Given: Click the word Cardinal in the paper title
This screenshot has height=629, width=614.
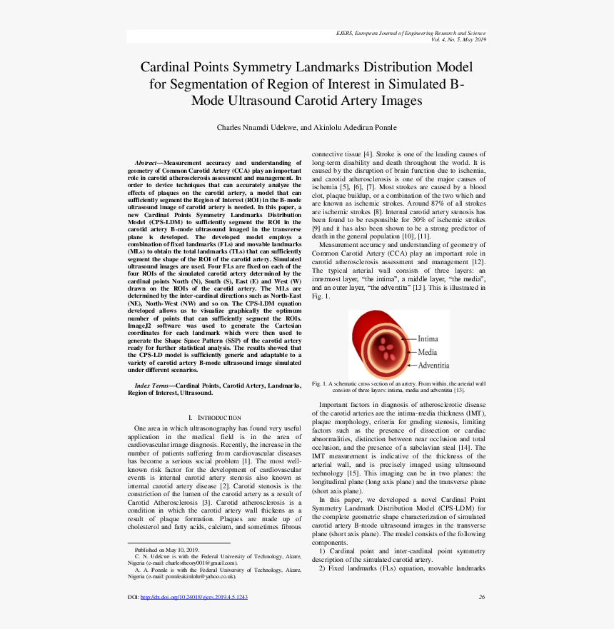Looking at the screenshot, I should point(167,67).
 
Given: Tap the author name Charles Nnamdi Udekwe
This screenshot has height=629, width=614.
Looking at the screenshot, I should point(254,128).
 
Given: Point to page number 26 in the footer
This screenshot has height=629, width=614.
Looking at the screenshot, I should point(482,597).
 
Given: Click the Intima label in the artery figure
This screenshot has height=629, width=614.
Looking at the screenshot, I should point(428,338).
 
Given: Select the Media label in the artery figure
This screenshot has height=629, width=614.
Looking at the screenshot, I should point(428,352).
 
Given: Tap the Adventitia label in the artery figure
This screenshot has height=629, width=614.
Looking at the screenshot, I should point(433,366).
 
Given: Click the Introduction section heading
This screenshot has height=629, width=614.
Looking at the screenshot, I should point(214,417).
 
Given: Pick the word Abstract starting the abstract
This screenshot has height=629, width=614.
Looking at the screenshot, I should point(146,163).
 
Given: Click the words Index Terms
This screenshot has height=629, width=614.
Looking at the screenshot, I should point(151,386).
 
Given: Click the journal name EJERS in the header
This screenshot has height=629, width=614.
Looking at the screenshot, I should point(344,33).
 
